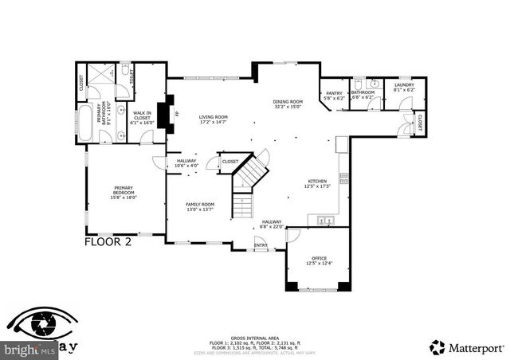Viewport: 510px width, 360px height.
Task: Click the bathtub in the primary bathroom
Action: click(x=86, y=123)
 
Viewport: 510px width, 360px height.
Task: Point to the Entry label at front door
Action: click(x=261, y=245)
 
